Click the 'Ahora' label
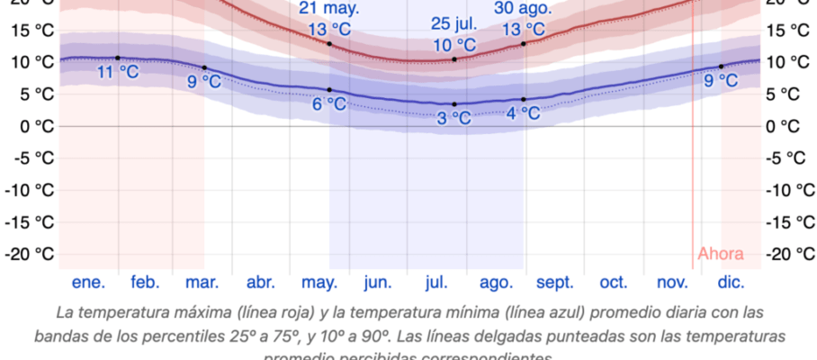[x=721, y=253]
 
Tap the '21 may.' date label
[x=329, y=8]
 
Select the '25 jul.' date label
[x=453, y=23]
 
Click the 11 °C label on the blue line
[x=118, y=71]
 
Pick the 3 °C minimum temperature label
[x=453, y=118]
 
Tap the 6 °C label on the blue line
[x=329, y=103]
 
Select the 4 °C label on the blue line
[x=523, y=112]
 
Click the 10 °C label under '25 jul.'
[x=453, y=44]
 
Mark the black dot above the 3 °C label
[x=454, y=104]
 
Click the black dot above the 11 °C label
[x=118, y=58]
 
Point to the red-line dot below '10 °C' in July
[x=454, y=59]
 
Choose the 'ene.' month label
[x=88, y=283]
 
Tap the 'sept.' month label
[x=555, y=283]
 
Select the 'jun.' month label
[x=377, y=283]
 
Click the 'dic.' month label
[x=732, y=283]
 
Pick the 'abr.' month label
[x=261, y=283]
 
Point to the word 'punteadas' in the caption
[x=588, y=336]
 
